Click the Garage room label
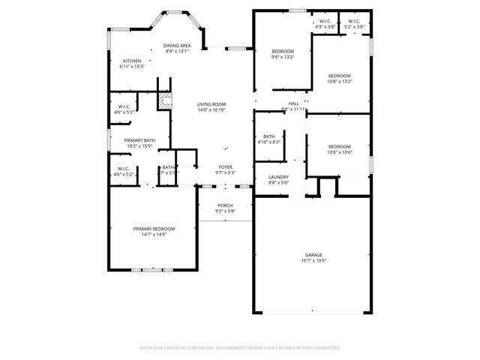pos(315,255)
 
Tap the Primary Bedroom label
pos(154,229)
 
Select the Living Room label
pos(211,104)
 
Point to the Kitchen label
pos(132,61)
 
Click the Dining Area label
pos(177,46)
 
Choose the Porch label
pos(225,205)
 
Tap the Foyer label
pos(225,166)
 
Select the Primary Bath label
pos(139,140)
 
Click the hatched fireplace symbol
pos(165,99)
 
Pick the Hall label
pos(294,103)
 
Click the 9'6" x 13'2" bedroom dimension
pos(283,56)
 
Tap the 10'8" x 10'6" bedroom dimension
pos(340,152)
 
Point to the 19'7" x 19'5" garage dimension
pos(315,261)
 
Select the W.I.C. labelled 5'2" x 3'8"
pos(353,27)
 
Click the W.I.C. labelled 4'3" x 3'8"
pos(325,27)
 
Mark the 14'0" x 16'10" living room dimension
pos(211,110)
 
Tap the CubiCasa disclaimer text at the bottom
pos(240,347)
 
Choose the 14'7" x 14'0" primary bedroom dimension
pos(154,235)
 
